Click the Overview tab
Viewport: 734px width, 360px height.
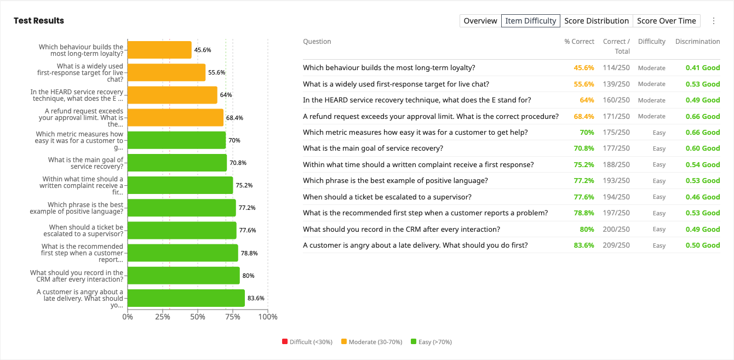click(x=480, y=21)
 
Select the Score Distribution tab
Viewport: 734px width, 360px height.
click(x=597, y=21)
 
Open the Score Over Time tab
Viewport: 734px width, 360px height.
click(x=667, y=21)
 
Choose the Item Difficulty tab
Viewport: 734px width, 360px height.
click(x=531, y=21)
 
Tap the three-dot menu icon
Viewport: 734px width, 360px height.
click(x=714, y=21)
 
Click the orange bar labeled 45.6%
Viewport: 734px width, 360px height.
click(x=159, y=50)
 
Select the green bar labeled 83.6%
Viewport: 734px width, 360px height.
click(x=186, y=298)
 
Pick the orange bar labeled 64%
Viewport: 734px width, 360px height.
click(x=173, y=95)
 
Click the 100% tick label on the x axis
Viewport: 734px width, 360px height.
click(x=268, y=317)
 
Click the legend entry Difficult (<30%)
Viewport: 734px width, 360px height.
click(x=307, y=341)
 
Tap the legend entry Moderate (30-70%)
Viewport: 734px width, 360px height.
click(x=372, y=341)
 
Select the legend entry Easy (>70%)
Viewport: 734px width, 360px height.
click(x=432, y=341)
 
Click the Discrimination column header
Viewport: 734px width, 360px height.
click(x=698, y=41)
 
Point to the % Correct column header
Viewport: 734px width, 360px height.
click(x=579, y=41)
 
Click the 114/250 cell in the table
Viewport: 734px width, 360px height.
click(x=616, y=68)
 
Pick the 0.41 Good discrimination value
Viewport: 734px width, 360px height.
click(x=703, y=68)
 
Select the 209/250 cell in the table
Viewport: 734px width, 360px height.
click(x=616, y=245)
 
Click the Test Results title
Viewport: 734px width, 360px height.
click(x=39, y=21)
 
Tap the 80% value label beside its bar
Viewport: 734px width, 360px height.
click(x=248, y=276)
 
